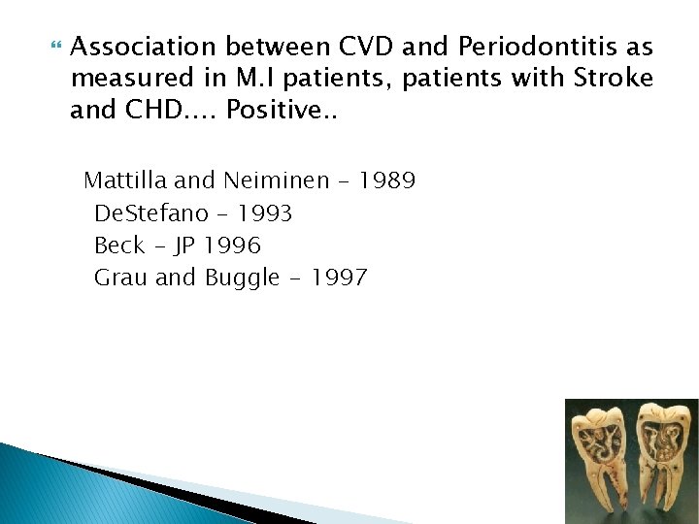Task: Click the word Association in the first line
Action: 144,48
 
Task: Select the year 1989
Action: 386,180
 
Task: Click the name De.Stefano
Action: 150,213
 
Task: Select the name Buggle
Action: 242,278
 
